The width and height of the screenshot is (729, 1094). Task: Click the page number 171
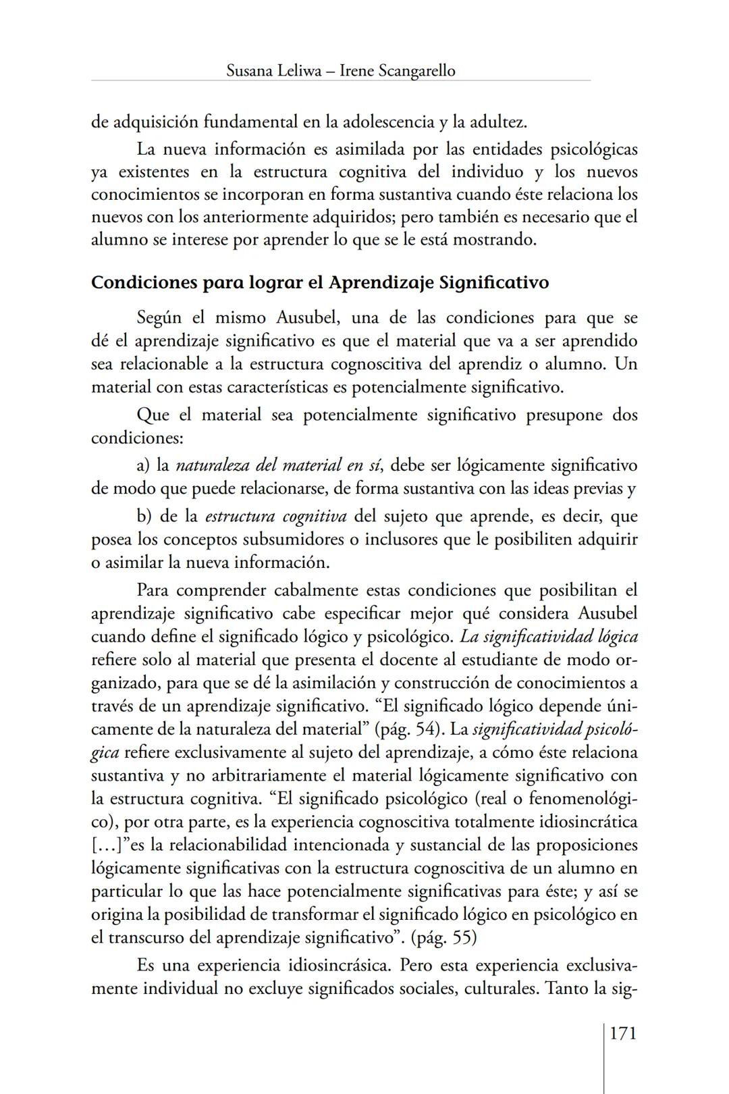(622, 1033)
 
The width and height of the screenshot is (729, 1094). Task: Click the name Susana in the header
(250, 70)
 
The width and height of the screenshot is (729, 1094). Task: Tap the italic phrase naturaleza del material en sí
(279, 465)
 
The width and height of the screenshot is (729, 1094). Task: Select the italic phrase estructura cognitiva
(275, 517)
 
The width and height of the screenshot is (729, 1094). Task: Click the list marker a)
(143, 465)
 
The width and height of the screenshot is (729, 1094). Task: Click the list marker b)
(143, 517)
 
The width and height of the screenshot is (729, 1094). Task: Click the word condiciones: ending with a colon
(137, 438)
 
